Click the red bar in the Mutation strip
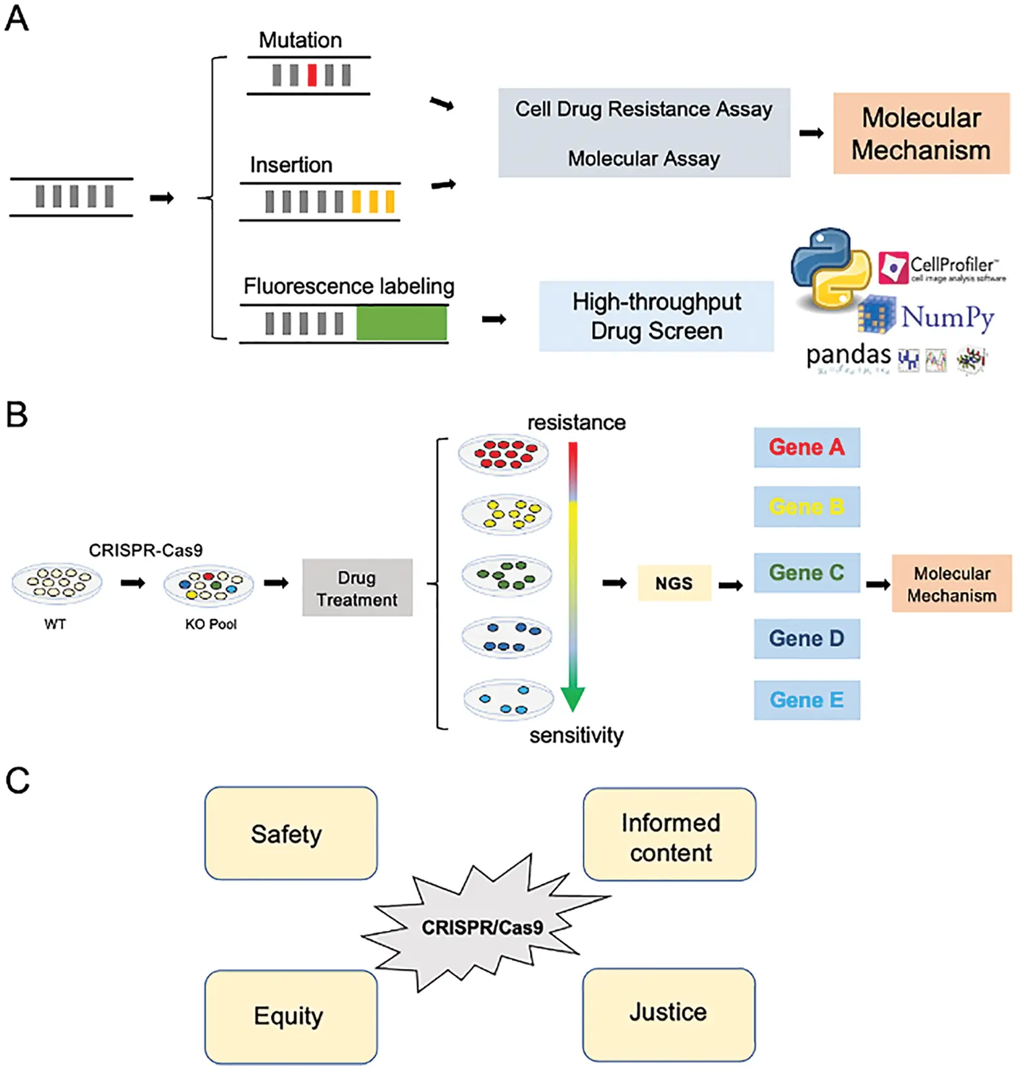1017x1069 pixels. pyautogui.click(x=312, y=75)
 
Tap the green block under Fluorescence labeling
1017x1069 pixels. pyautogui.click(x=401, y=323)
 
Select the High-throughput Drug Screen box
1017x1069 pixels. pyautogui.click(x=656, y=316)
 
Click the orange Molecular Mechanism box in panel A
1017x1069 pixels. pyautogui.click(x=920, y=134)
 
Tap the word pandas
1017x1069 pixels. pyautogui.click(x=848, y=354)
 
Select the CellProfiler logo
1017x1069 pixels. pyautogui.click(x=941, y=268)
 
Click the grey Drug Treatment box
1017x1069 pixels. pyautogui.click(x=357, y=587)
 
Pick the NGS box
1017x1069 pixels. pyautogui.click(x=674, y=583)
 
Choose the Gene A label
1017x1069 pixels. pyautogui.click(x=806, y=447)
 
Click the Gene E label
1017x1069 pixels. pyautogui.click(x=806, y=700)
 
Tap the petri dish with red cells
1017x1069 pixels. pyautogui.click(x=503, y=455)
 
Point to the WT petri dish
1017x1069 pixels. pyautogui.click(x=57, y=583)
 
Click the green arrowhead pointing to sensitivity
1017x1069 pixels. pyautogui.click(x=572, y=698)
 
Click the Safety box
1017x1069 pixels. pyautogui.click(x=291, y=833)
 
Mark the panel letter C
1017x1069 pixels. pyautogui.click(x=18, y=780)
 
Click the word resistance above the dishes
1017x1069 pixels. pyautogui.click(x=576, y=423)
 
